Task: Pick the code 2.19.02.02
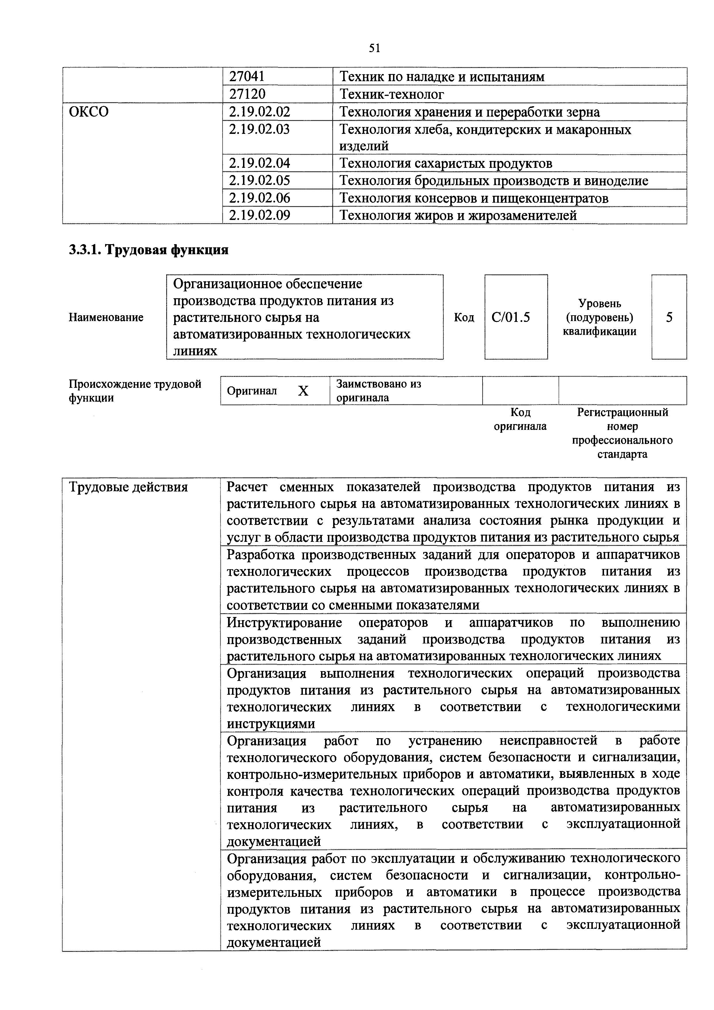260,112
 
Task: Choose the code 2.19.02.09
260,215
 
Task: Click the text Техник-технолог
392,94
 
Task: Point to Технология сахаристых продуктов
446,164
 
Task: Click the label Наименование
106,317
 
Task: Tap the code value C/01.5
511,317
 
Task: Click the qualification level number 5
669,317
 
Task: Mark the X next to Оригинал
303,391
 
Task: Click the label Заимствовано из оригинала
378,391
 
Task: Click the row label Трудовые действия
128,487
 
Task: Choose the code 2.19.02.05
260,180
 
